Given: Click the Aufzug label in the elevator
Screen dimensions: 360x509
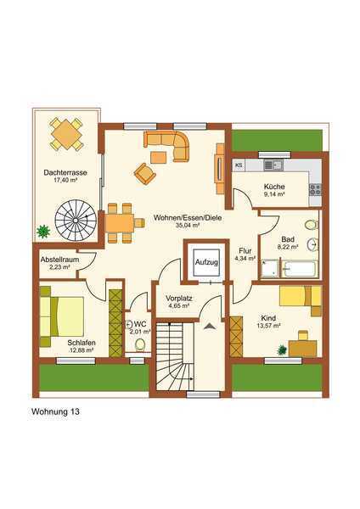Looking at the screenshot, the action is click(x=206, y=262).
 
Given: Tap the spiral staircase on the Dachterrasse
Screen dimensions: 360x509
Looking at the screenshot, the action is click(x=76, y=220).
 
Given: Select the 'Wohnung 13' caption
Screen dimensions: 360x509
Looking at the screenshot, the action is click(x=55, y=411).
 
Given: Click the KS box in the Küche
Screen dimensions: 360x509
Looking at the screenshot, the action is click(x=239, y=165).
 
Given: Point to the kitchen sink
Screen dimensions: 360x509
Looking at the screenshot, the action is click(x=273, y=165).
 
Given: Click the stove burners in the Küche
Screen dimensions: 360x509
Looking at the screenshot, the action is click(x=314, y=189).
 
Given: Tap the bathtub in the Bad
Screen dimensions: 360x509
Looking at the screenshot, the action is click(x=299, y=269).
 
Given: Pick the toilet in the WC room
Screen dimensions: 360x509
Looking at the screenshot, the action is click(x=140, y=344).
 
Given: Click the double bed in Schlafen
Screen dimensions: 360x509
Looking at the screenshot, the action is click(x=62, y=316).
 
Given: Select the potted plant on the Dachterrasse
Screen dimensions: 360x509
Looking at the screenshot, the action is click(x=43, y=231).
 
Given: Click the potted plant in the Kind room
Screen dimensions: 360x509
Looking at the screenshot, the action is click(x=282, y=350).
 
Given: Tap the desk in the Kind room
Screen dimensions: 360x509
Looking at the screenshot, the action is click(x=302, y=348).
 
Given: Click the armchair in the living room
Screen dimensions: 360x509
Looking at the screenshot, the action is click(x=144, y=173).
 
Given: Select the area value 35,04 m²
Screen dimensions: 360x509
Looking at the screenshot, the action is click(x=187, y=225).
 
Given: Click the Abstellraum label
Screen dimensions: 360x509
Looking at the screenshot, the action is click(x=59, y=260).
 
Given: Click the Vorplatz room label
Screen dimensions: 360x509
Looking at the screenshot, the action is click(x=178, y=299).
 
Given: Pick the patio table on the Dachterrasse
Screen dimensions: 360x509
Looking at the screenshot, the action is click(x=66, y=134).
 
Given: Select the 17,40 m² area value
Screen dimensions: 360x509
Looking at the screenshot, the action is click(x=65, y=181).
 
